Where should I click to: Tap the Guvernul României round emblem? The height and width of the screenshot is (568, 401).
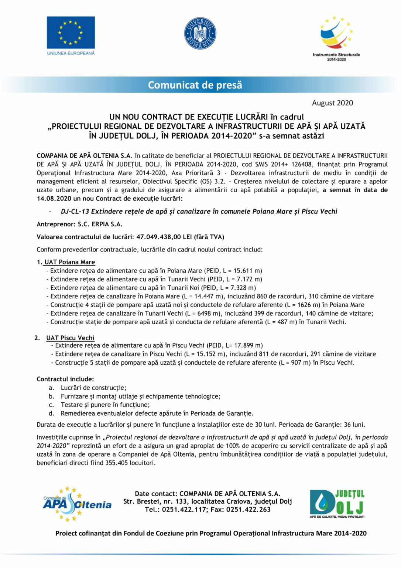(200, 34)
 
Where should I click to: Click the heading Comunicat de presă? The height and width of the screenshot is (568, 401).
(195, 85)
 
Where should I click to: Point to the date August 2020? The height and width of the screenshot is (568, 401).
(332, 103)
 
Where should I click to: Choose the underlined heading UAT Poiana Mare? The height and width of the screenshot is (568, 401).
(69, 262)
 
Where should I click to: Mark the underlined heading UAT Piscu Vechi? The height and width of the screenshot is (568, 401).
(70, 338)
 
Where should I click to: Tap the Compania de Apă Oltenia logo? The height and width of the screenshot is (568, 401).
(77, 504)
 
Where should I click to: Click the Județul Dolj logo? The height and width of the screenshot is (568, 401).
(337, 504)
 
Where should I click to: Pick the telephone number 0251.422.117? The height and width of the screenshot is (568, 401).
(179, 510)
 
